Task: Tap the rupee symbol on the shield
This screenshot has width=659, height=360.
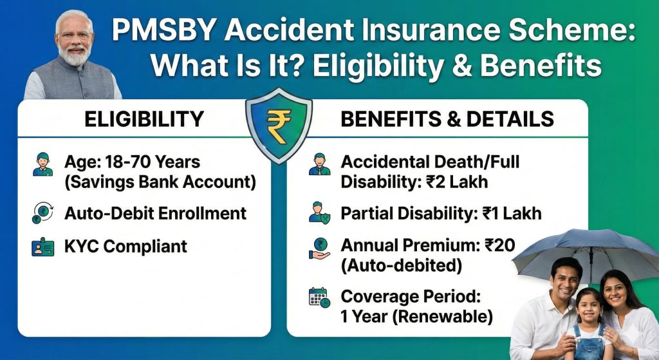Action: (279, 126)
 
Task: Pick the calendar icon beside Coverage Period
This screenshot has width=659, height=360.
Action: (319, 298)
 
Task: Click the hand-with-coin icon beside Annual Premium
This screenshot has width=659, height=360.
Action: (319, 247)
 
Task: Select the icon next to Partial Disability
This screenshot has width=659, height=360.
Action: (319, 213)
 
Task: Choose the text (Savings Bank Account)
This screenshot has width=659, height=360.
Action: (160, 182)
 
